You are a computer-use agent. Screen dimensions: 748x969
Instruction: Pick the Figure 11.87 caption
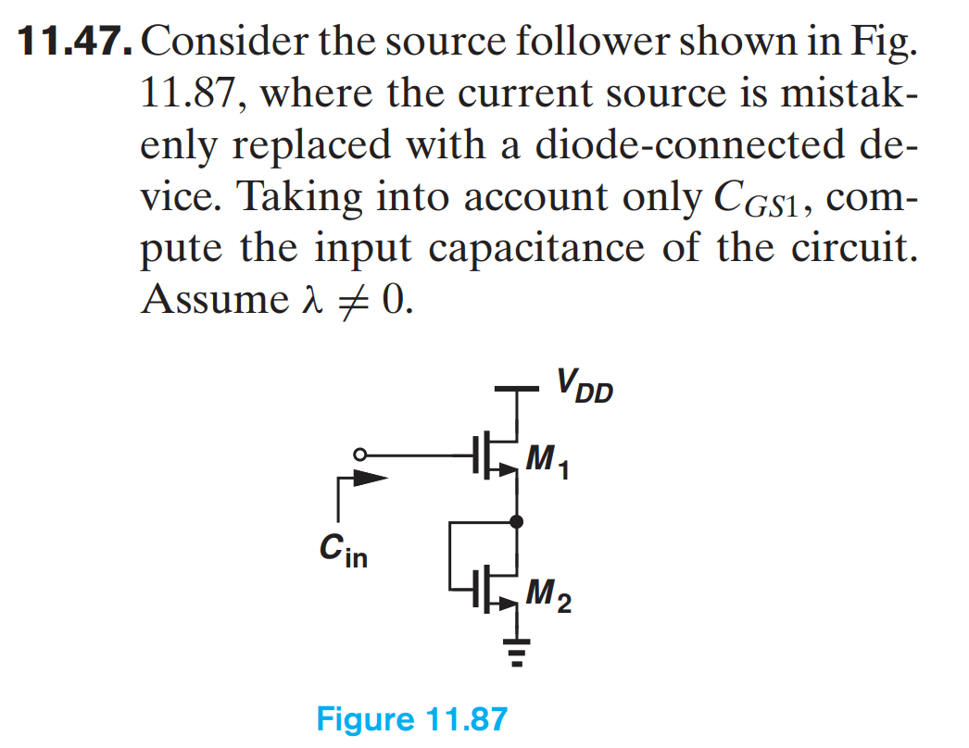click(412, 718)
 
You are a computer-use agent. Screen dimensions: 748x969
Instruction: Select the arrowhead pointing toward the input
click(368, 480)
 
